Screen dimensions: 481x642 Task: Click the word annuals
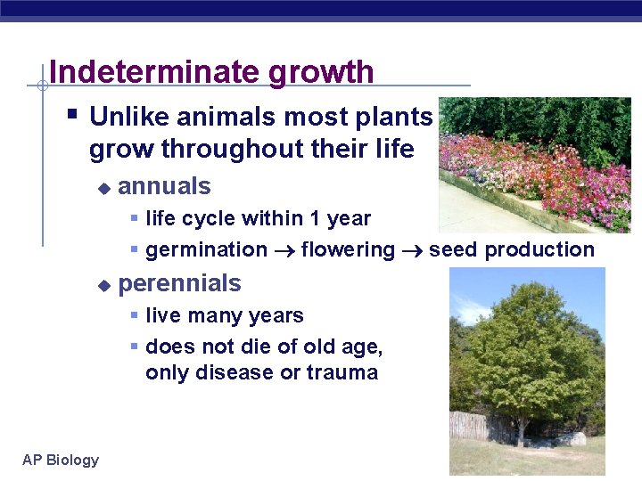click(x=164, y=186)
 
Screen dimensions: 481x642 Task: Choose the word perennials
click(x=179, y=283)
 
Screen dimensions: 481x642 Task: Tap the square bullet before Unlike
click(x=73, y=115)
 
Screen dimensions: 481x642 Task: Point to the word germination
click(x=206, y=250)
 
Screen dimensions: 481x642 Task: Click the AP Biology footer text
click(x=61, y=460)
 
